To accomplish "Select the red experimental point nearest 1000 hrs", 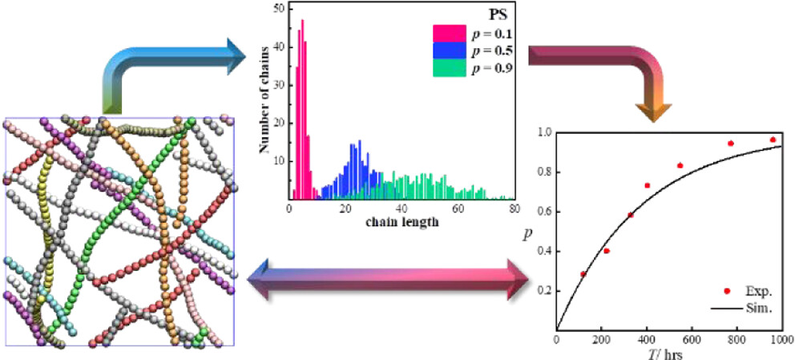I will click(x=773, y=140).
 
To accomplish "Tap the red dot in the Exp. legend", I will click(x=726, y=291).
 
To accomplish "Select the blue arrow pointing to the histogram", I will click(x=176, y=64).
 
